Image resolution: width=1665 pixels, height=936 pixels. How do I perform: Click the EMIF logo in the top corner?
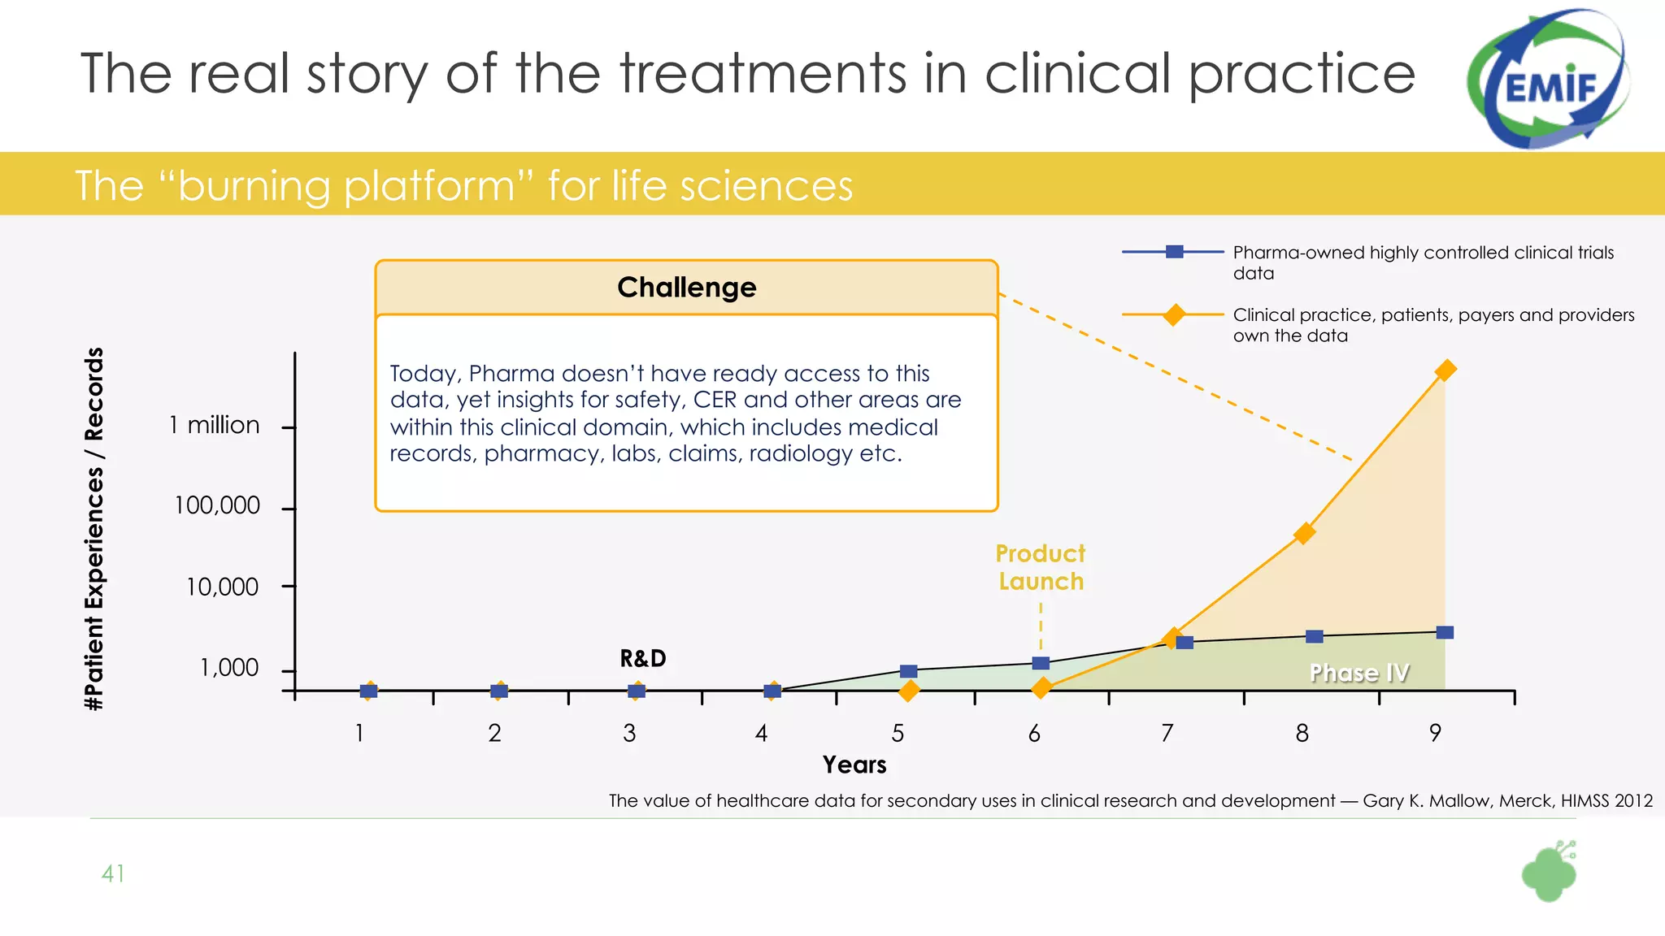tap(1548, 80)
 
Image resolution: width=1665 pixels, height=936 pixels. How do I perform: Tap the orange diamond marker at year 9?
tap(1445, 370)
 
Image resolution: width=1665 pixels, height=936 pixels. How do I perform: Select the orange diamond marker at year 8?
tap(1304, 533)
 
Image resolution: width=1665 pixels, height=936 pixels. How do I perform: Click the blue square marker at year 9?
tap(1445, 632)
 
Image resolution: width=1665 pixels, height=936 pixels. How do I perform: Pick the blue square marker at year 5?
tap(909, 671)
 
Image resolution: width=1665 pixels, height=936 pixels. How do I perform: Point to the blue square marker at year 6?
tap(1041, 663)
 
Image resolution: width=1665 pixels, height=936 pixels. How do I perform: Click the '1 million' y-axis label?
tap(215, 425)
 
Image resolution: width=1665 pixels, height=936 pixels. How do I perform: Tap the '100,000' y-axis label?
tap(217, 505)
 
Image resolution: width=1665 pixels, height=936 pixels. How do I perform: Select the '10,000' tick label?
tap(222, 587)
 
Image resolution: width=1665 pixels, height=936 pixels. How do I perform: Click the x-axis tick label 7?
tap(1167, 734)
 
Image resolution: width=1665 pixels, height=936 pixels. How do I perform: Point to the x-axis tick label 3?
tap(629, 734)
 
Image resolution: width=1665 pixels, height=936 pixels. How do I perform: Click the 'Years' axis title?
tap(854, 765)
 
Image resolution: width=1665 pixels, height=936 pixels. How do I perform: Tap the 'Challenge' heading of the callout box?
tap(686, 288)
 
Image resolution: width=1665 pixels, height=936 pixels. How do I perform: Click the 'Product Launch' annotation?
tap(1041, 567)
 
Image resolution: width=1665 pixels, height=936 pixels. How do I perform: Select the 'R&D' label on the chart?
tap(643, 658)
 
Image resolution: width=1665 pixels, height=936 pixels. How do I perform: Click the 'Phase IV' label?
tap(1359, 673)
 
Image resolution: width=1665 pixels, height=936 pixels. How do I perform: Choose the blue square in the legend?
tap(1174, 252)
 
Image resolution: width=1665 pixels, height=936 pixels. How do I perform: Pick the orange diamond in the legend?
tap(1174, 314)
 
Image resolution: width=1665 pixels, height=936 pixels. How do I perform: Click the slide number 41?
tap(113, 873)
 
